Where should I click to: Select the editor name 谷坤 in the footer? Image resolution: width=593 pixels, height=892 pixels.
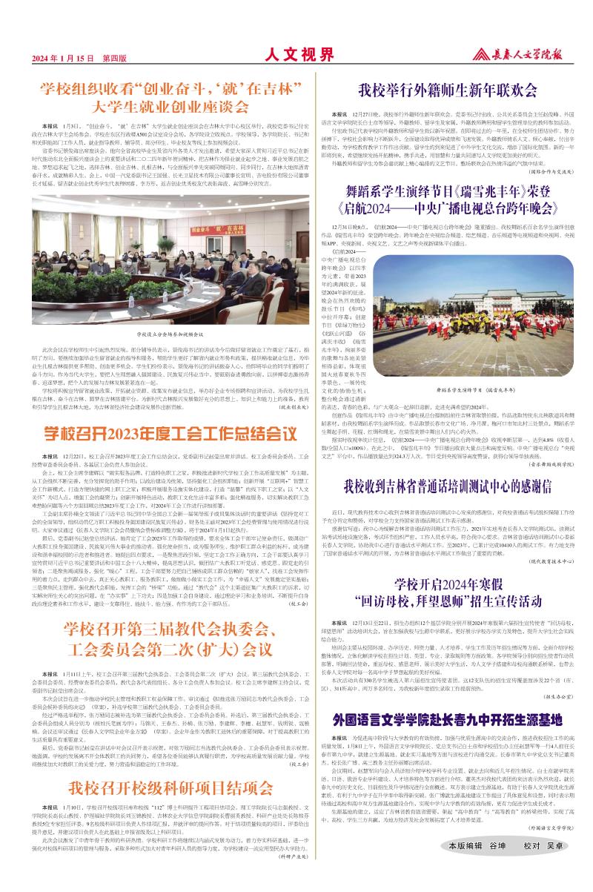pyautogui.click(x=497, y=865)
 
